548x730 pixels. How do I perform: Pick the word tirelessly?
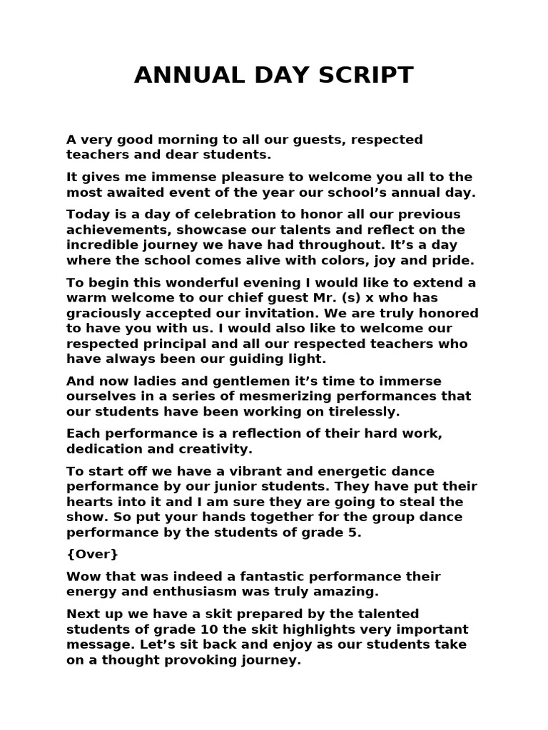[x=358, y=411]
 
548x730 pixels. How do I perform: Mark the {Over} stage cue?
[x=92, y=554]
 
